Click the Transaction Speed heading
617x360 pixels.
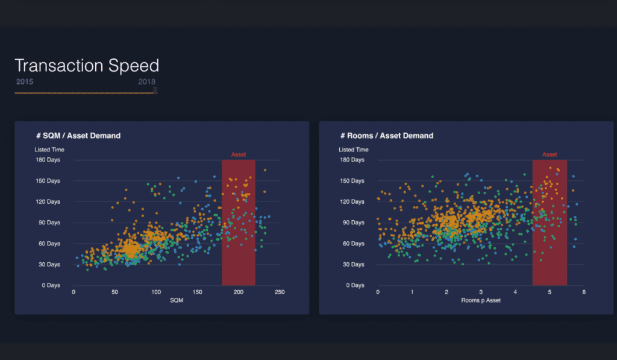click(87, 65)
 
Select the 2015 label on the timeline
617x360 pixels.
click(25, 81)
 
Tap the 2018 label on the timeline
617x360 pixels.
click(146, 81)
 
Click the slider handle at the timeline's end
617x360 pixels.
click(155, 90)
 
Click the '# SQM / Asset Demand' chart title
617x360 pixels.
click(78, 136)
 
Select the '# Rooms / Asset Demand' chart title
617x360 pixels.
click(386, 136)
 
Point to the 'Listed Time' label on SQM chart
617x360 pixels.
click(49, 150)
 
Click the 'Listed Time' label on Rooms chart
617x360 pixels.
click(354, 150)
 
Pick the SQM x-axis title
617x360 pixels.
click(177, 300)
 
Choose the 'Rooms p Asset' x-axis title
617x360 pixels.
click(481, 300)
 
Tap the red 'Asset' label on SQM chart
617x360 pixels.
click(239, 155)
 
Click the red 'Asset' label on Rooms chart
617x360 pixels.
click(550, 155)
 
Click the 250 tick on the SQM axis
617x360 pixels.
click(280, 292)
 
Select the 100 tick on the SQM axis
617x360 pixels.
click(156, 292)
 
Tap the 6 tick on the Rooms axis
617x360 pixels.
click(584, 292)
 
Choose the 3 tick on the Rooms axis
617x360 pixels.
click(481, 292)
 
